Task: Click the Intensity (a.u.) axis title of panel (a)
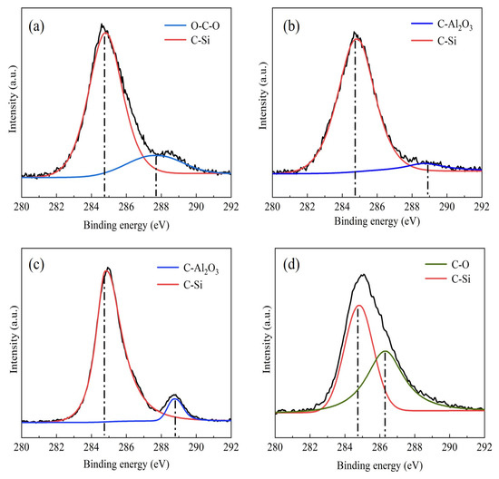(12, 102)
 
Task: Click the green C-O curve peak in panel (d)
(385, 351)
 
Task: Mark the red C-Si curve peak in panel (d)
(358, 306)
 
